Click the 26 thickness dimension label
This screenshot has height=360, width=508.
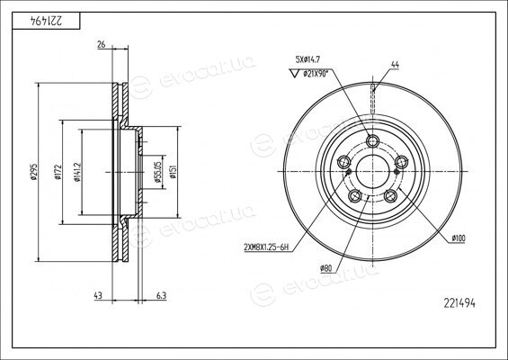click(x=102, y=44)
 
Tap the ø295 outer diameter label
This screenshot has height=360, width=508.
click(x=33, y=172)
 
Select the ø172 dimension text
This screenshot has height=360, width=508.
click(x=58, y=172)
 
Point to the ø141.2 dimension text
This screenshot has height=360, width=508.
click(x=77, y=172)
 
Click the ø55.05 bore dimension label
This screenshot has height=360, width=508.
click(x=157, y=172)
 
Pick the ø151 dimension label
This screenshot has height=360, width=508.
click(x=173, y=172)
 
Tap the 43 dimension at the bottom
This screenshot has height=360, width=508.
click(x=98, y=295)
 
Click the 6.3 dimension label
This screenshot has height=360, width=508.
click(x=161, y=295)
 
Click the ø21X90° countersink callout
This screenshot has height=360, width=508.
click(x=316, y=74)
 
